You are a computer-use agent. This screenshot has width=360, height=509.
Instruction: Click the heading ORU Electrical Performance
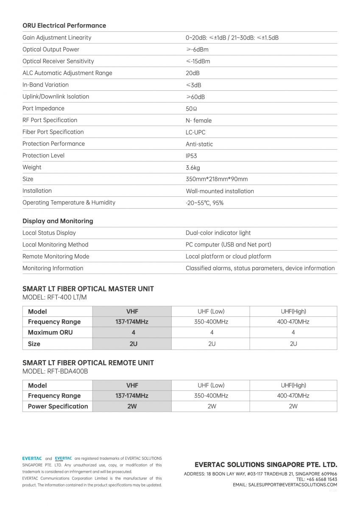coord(64,25)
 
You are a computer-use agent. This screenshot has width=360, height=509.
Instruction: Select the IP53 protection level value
coord(191,156)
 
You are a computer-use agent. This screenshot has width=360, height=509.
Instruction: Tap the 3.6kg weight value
coord(193,168)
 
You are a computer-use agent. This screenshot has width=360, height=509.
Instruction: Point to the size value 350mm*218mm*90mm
coord(217,179)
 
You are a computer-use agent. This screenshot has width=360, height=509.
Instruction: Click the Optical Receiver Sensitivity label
coord(58,61)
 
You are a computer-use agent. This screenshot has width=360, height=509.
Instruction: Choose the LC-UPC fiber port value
coord(195,132)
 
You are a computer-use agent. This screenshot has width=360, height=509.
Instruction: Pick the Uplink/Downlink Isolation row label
coord(56,96)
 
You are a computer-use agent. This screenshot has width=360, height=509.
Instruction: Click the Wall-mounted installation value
coord(220,191)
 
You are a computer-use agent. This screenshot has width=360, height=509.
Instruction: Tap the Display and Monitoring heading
coord(58,221)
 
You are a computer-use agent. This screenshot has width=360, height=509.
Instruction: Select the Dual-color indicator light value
coord(218,233)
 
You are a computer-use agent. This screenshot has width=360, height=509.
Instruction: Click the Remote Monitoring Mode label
coord(56,256)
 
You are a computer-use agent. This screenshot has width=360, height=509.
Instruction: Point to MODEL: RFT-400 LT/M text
coord(54,297)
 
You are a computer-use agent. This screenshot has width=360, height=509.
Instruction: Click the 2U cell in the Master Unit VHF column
coord(133,344)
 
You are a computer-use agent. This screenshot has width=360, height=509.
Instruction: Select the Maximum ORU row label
coord(50,333)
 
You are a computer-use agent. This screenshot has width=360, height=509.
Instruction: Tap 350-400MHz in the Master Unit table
coord(211,322)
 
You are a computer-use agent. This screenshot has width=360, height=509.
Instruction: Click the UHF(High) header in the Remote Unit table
coord(293,386)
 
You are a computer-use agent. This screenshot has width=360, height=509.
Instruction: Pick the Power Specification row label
coord(58,406)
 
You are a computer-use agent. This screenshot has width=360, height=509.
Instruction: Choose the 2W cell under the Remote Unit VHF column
coord(132,406)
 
